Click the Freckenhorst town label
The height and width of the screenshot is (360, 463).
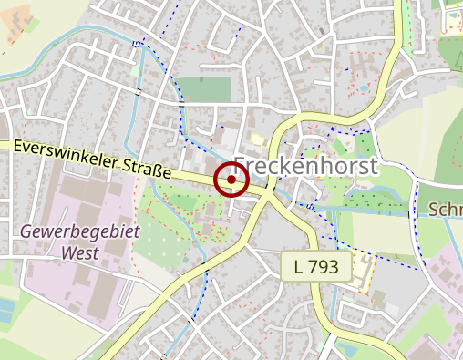tap(305, 170)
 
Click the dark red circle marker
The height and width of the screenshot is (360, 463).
tap(231, 180)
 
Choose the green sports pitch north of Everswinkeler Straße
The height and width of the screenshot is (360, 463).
tap(203, 89)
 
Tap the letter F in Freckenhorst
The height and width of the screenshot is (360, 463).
tap(241, 170)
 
